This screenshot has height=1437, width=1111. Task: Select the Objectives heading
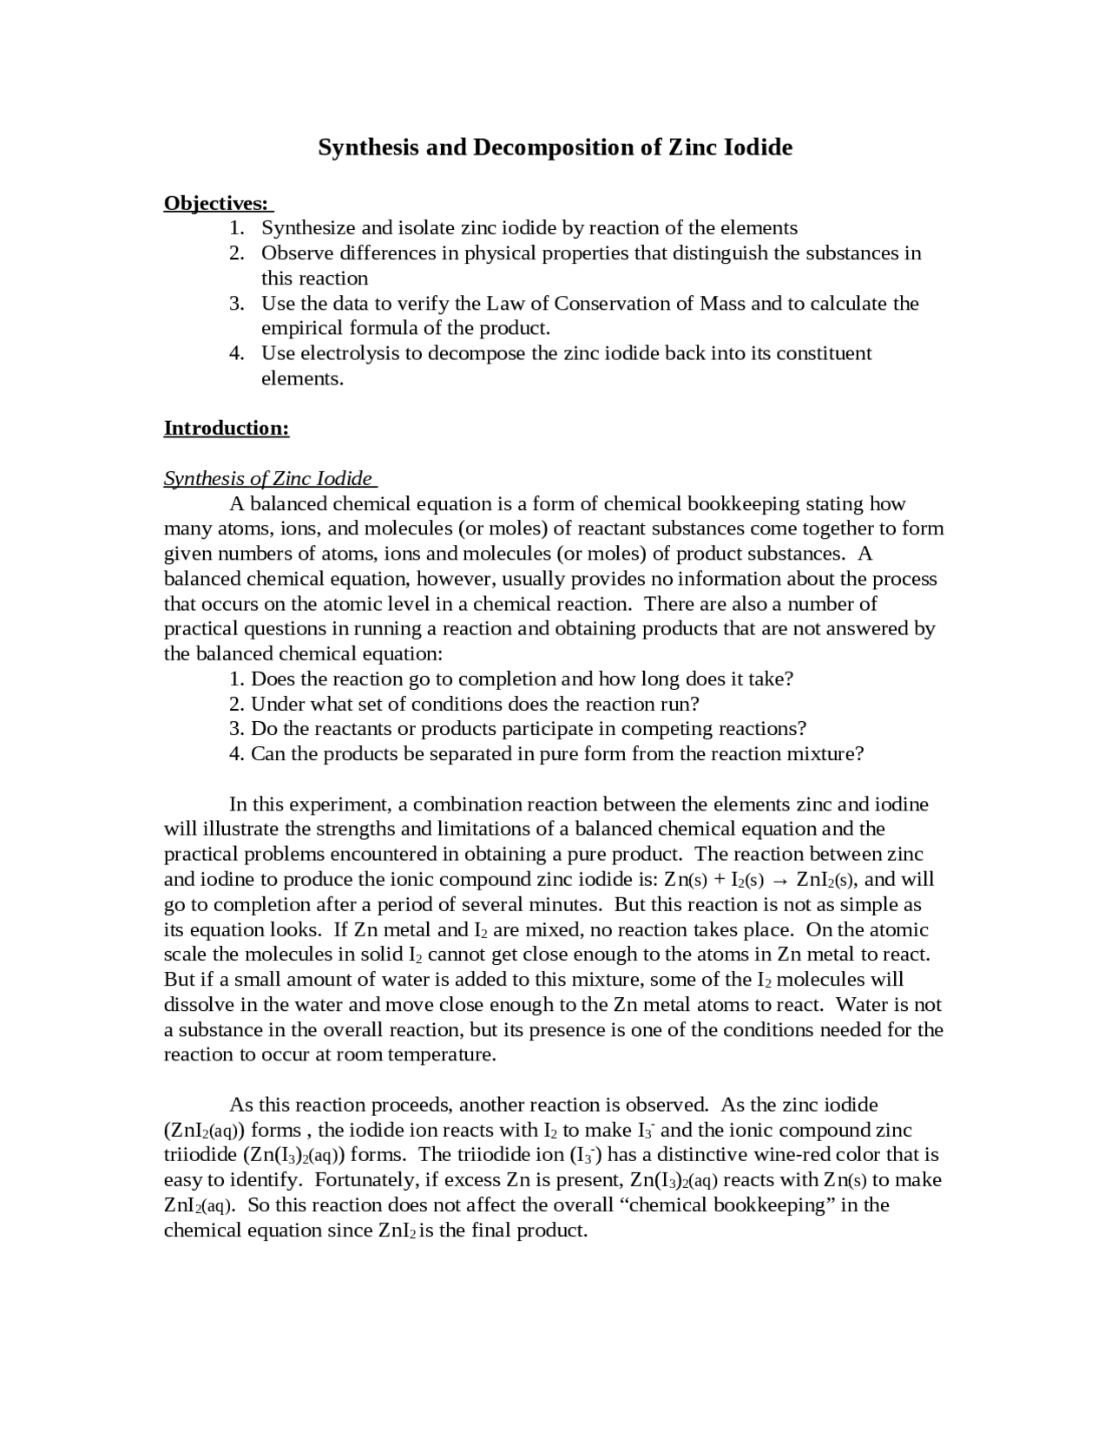pyautogui.click(x=216, y=203)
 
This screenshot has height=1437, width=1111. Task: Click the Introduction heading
pyautogui.click(x=226, y=428)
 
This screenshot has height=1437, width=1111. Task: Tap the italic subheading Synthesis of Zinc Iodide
pyautogui.click(x=268, y=478)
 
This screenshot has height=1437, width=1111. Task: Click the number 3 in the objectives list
pyautogui.click(x=236, y=304)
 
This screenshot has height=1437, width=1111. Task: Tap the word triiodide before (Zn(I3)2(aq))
pyautogui.click(x=200, y=1155)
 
